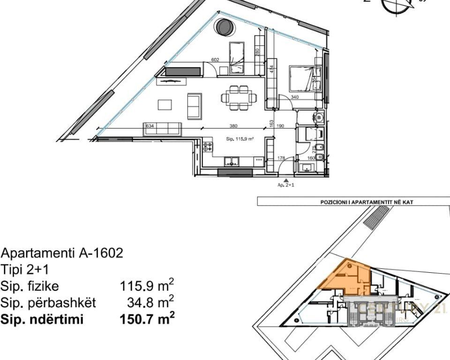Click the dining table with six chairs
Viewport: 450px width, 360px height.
[x=240, y=98]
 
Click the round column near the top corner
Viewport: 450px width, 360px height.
[x=224, y=27]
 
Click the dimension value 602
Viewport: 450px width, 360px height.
[x=216, y=60]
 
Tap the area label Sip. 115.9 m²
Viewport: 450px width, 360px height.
[x=240, y=139]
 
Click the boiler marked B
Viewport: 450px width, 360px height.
[x=319, y=117]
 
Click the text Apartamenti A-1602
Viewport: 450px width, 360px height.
[x=62, y=254]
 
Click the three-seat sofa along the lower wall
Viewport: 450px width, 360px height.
[x=162, y=128]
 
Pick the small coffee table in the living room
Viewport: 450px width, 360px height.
[x=165, y=104]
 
